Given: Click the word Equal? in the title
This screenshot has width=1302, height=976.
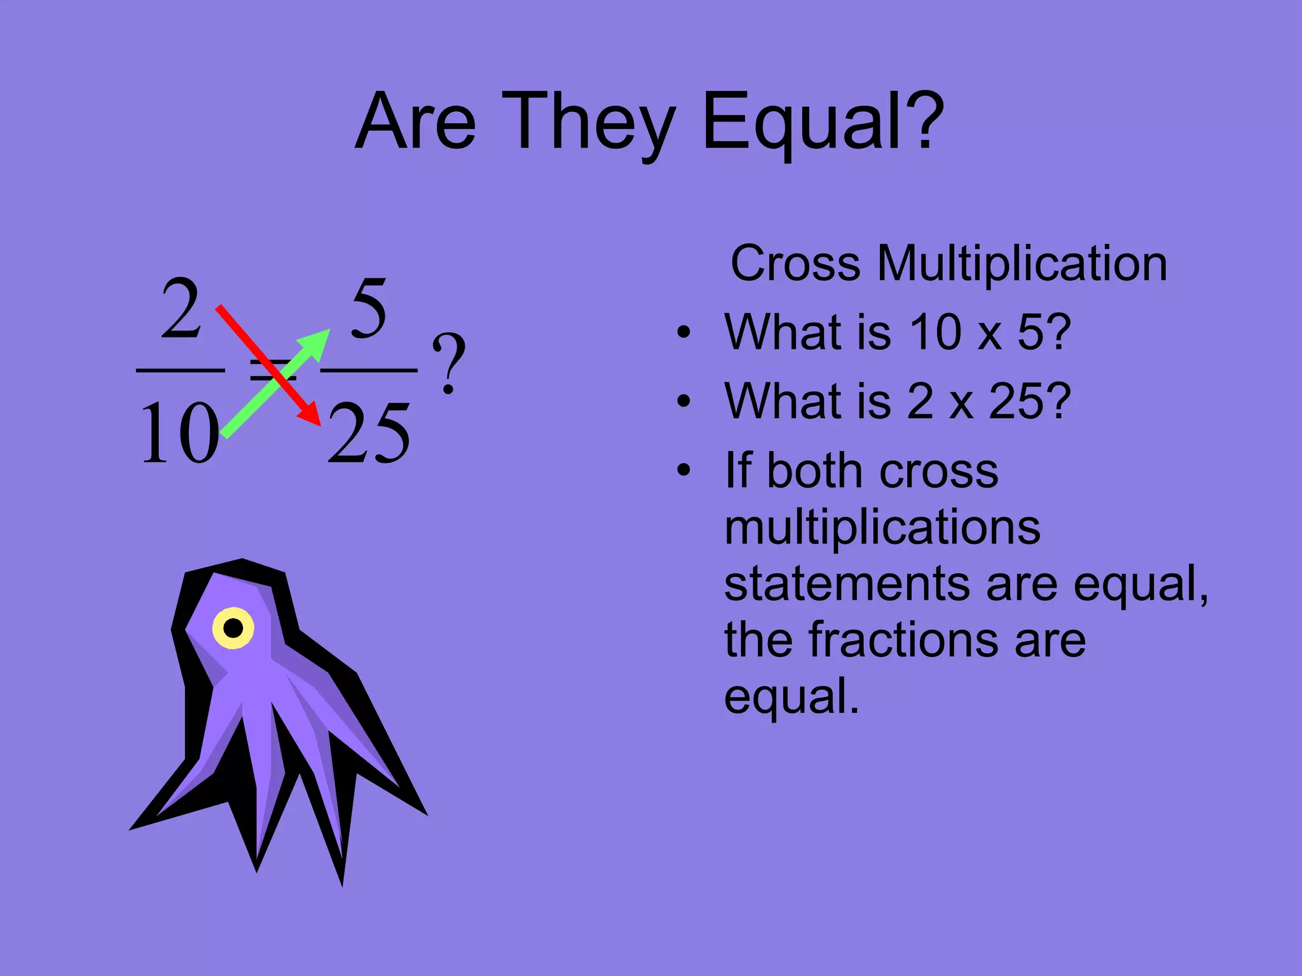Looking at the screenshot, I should [x=823, y=122].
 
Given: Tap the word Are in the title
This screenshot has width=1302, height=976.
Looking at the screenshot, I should [x=415, y=122].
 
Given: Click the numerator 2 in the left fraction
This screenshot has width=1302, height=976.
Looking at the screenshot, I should [x=181, y=309].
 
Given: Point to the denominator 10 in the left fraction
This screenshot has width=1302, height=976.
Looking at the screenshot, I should [x=179, y=433].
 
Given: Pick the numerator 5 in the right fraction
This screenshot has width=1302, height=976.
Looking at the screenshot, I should [x=369, y=309].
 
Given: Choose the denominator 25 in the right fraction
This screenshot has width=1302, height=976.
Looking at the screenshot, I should [x=369, y=433].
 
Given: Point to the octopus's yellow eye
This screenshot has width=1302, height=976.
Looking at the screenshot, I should [x=233, y=628].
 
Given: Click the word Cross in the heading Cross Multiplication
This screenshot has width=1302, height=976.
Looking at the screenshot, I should [x=795, y=263].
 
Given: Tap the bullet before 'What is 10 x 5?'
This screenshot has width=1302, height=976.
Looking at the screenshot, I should [x=683, y=332].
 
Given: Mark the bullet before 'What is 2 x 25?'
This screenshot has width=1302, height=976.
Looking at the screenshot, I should [x=683, y=401].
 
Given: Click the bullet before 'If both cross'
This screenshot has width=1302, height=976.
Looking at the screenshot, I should [x=683, y=470].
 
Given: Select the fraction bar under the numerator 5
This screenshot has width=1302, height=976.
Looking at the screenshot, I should [x=369, y=370].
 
